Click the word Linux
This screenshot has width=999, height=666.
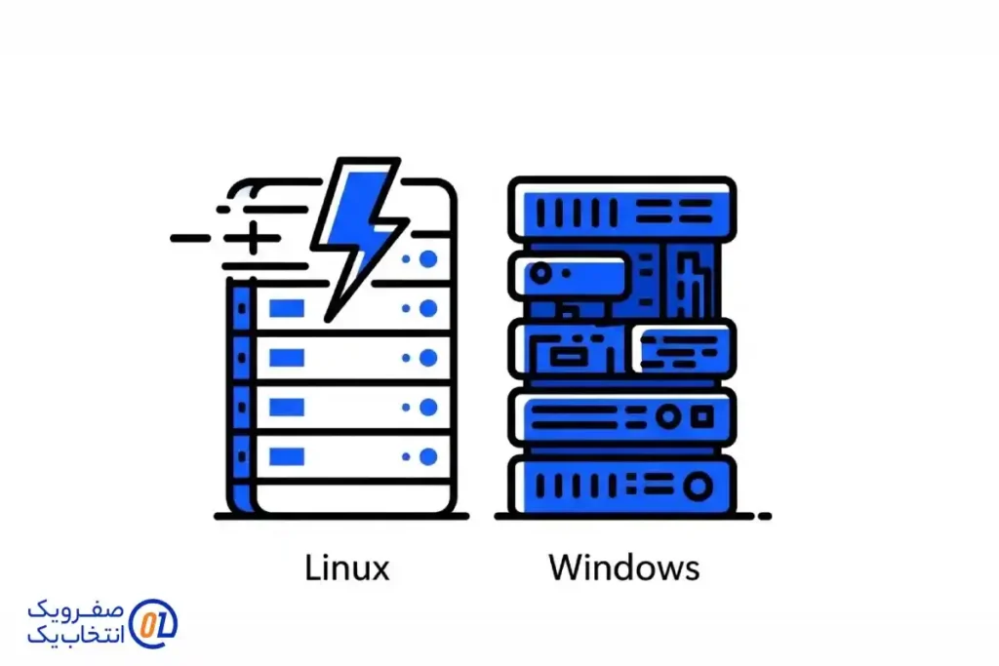pyautogui.click(x=347, y=567)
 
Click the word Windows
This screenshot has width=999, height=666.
pyautogui.click(x=623, y=567)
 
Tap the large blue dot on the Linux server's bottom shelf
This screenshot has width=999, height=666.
pyautogui.click(x=427, y=455)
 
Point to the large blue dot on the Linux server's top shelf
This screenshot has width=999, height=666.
pyautogui.click(x=427, y=259)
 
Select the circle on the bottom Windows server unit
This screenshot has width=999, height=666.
pyautogui.click(x=699, y=485)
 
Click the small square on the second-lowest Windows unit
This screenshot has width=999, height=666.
pyautogui.click(x=702, y=416)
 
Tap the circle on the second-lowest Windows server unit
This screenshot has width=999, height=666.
pyautogui.click(x=668, y=416)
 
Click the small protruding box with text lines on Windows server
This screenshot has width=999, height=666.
pyautogui.click(x=684, y=346)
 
